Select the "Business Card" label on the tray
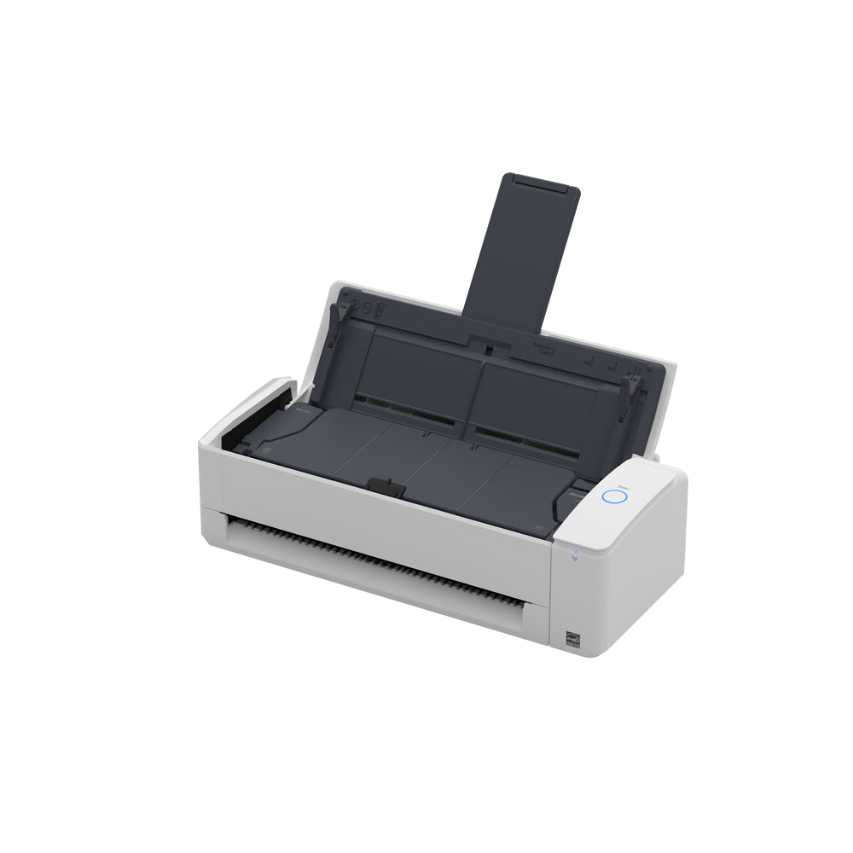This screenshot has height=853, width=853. [x=543, y=349]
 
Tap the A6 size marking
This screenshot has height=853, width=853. [x=587, y=362]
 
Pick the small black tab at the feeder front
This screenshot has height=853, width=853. [x=386, y=487]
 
